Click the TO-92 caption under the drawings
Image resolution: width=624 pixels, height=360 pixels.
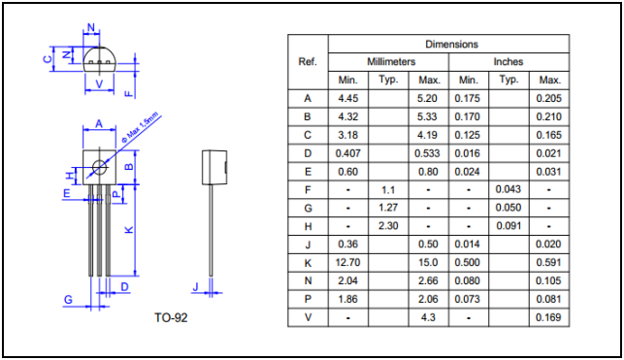click(x=171, y=317)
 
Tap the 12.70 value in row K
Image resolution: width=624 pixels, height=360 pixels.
click(x=348, y=263)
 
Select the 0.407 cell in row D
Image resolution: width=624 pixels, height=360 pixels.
click(x=348, y=153)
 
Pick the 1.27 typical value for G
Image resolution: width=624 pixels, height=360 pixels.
click(x=388, y=208)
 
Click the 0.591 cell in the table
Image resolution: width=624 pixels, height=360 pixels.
click(x=548, y=263)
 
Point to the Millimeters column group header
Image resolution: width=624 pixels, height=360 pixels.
click(x=391, y=62)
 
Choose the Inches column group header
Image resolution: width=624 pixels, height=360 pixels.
click(x=509, y=62)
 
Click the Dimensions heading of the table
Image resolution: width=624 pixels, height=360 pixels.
click(x=451, y=45)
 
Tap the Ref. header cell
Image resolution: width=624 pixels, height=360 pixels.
click(x=308, y=62)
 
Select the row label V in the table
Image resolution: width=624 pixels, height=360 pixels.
click(x=308, y=317)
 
